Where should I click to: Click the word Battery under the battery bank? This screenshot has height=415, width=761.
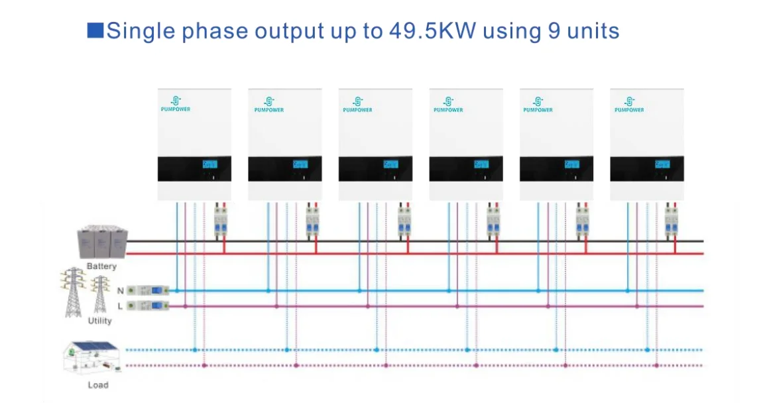(x=101, y=267)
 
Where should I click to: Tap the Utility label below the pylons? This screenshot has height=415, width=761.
(x=100, y=321)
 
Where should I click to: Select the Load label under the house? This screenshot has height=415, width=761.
(x=97, y=385)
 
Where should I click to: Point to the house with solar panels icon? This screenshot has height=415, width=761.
(x=95, y=359)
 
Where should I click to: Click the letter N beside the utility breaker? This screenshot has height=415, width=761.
(x=120, y=291)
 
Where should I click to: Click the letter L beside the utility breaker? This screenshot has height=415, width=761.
(x=120, y=306)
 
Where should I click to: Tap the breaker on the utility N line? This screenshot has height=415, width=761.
(x=148, y=290)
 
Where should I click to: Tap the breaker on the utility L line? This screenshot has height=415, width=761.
(x=148, y=306)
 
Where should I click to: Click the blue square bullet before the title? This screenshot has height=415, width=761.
(x=95, y=30)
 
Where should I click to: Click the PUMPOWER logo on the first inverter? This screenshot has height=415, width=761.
(x=176, y=104)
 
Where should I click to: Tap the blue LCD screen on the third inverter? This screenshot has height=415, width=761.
(x=390, y=164)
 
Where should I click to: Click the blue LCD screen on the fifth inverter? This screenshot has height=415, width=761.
(x=571, y=164)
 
